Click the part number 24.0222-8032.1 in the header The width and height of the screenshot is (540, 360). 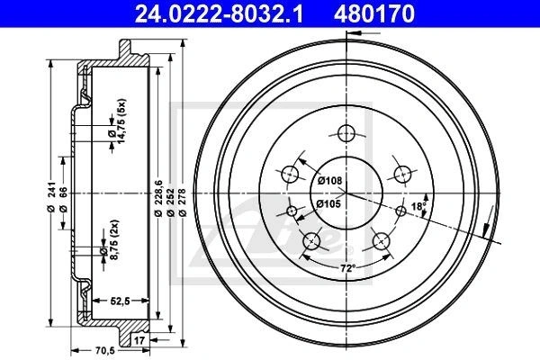[x=219, y=13]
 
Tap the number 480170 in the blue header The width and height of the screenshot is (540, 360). [x=374, y=13]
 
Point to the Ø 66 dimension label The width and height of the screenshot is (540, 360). [x=63, y=200]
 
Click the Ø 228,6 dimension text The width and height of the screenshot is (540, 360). [x=158, y=198]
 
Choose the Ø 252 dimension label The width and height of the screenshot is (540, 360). [x=170, y=202]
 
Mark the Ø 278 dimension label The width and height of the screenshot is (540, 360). [x=183, y=202]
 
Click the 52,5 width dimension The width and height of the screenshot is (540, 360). [x=121, y=301]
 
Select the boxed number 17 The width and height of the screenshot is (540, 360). [x=139, y=340]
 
